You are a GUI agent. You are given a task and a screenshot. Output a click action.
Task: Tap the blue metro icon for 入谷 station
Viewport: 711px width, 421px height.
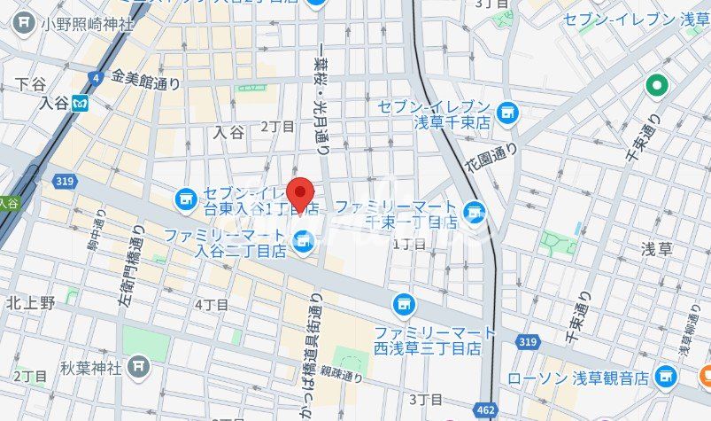[x=81, y=104]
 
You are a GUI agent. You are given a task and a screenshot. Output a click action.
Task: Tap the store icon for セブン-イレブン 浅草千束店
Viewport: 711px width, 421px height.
[x=506, y=113]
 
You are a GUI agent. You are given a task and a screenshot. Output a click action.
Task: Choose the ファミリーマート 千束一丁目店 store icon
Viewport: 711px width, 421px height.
[x=475, y=212]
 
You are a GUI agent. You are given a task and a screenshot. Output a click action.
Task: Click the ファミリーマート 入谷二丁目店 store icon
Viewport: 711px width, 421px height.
[x=304, y=238]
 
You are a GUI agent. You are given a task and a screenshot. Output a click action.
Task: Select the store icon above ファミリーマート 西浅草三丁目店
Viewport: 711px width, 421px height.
[x=405, y=305]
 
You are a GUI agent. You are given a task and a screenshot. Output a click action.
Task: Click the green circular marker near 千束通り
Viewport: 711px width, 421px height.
[x=656, y=86]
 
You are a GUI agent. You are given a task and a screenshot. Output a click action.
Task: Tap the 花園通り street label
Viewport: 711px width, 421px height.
[x=491, y=160]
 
